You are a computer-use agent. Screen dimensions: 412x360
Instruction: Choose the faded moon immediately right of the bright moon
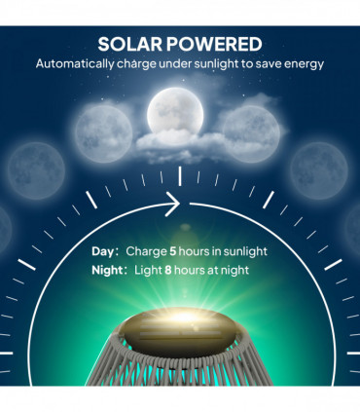251,131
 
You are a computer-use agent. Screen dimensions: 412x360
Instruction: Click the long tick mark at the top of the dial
180,175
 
